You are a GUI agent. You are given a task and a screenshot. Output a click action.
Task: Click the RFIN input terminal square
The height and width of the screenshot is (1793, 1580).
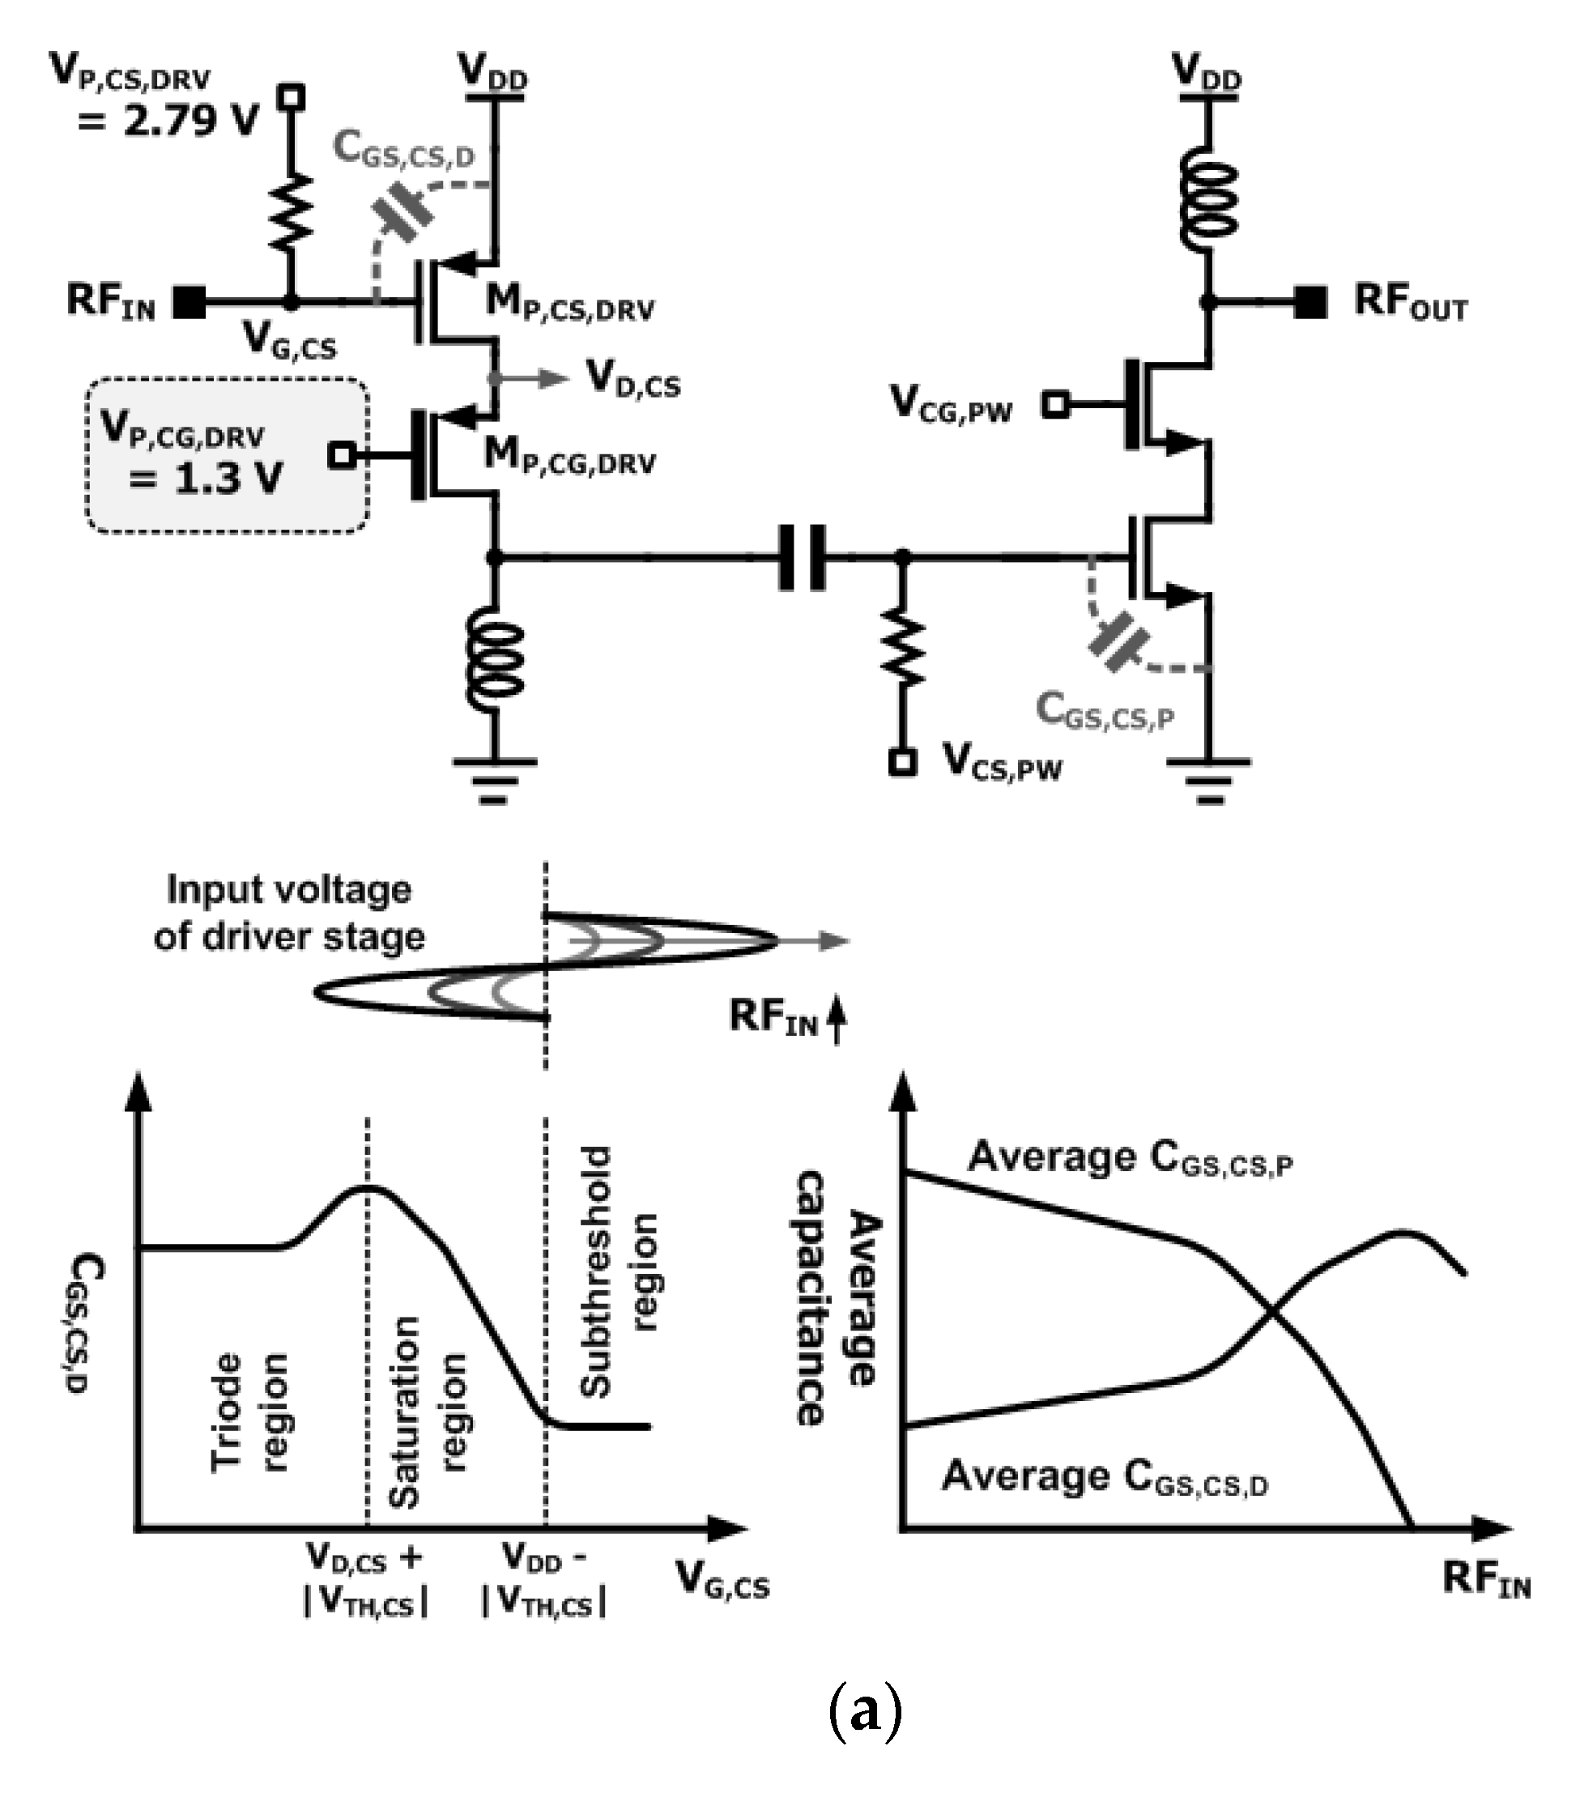point(190,303)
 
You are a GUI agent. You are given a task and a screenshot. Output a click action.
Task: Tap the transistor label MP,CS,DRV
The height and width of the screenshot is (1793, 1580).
point(570,304)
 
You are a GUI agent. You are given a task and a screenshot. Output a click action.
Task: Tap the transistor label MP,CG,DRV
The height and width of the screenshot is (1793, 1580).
point(570,457)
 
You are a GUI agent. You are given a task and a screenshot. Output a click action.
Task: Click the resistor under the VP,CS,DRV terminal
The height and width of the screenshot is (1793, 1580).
point(292,211)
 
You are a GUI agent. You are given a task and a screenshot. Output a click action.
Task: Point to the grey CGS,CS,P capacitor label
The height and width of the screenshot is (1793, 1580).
point(1104,710)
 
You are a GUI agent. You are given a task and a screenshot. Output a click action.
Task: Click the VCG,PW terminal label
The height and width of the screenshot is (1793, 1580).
point(951,404)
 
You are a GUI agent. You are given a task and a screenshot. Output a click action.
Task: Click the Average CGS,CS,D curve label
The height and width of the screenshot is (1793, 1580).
point(1105,1478)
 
